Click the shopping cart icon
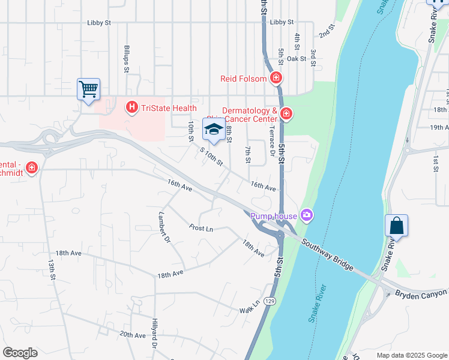pyautogui.click(x=88, y=90)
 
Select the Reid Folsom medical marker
pyautogui.click(x=276, y=77)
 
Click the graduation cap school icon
pyautogui.click(x=213, y=129)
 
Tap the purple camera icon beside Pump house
pyautogui.click(x=307, y=215)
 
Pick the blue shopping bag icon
pyautogui.click(x=396, y=226)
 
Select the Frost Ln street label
pyautogui.click(x=201, y=228)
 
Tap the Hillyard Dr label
pyautogui.click(x=154, y=334)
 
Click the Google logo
pyautogui.click(x=20, y=353)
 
